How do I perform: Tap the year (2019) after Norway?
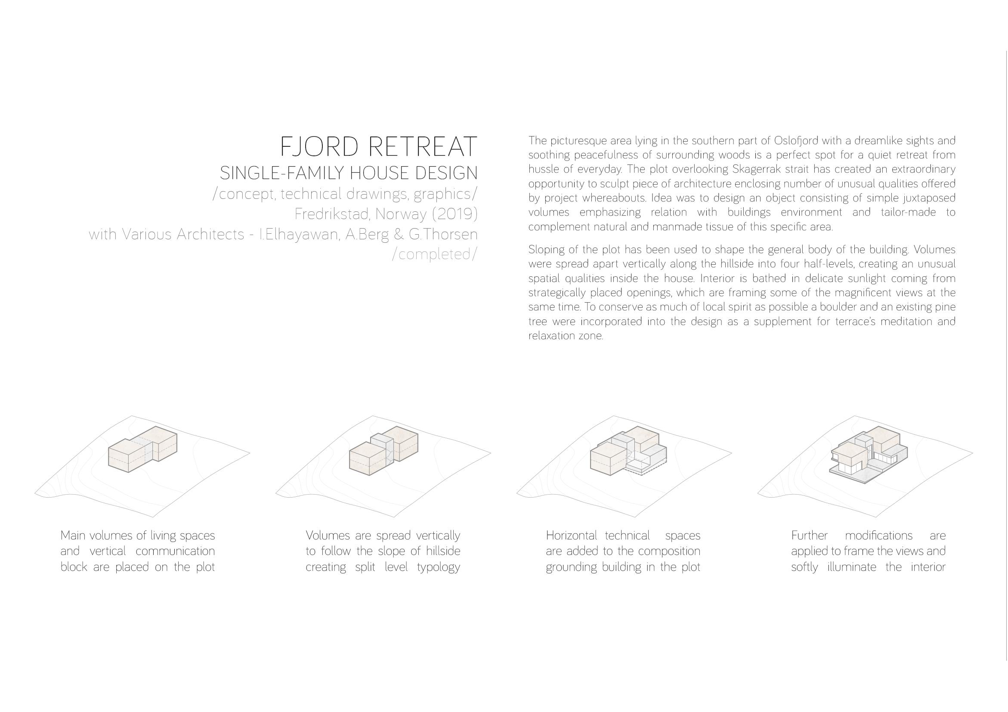click(x=455, y=214)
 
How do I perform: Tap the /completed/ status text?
click(x=434, y=254)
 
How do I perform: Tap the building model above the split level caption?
click(x=383, y=450)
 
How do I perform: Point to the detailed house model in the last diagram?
click(x=868, y=454)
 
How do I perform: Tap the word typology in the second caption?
click(x=438, y=567)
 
